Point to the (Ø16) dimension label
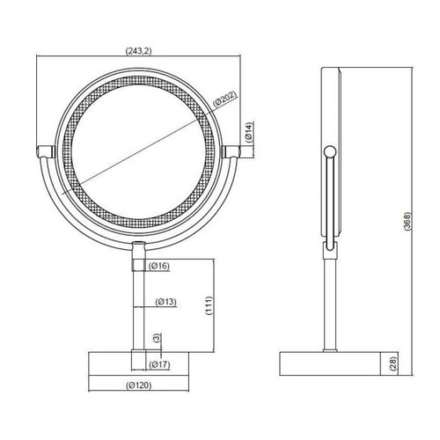(159, 265)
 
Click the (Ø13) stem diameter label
(166, 302)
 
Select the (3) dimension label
(156, 338)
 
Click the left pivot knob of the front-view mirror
(43, 150)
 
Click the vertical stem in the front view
(137, 308)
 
